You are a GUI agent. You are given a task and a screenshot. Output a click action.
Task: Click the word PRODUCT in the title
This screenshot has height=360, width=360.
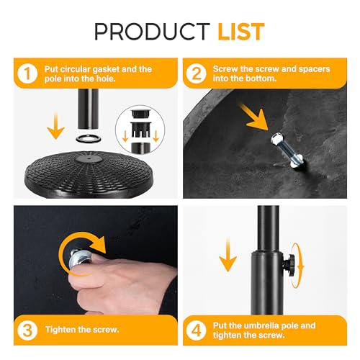[x=152, y=32]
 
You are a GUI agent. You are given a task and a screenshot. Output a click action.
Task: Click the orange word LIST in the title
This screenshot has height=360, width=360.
[x=241, y=32]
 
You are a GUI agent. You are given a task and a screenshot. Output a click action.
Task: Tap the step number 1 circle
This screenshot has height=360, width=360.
[x=27, y=73]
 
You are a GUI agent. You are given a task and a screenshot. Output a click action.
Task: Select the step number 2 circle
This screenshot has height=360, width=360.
[x=197, y=73]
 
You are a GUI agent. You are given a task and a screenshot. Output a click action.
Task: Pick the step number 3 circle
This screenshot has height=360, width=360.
[x=27, y=330]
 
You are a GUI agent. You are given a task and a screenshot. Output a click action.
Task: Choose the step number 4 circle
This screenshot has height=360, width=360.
[x=197, y=330]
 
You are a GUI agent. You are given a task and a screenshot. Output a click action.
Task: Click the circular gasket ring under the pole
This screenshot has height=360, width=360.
[x=88, y=138]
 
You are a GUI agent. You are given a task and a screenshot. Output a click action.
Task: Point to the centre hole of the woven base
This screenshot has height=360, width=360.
[x=89, y=158]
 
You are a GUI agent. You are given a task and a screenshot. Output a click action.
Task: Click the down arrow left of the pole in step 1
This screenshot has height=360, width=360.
[x=55, y=126]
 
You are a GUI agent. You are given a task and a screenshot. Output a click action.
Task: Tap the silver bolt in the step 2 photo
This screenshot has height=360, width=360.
[x=287, y=150]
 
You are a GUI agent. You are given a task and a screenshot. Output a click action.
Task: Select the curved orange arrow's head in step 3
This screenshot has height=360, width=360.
[x=98, y=244]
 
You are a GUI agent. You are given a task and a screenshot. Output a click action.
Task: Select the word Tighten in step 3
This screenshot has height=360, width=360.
[x=60, y=330]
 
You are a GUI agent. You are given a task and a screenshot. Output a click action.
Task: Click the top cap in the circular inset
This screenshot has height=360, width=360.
[x=140, y=113]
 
